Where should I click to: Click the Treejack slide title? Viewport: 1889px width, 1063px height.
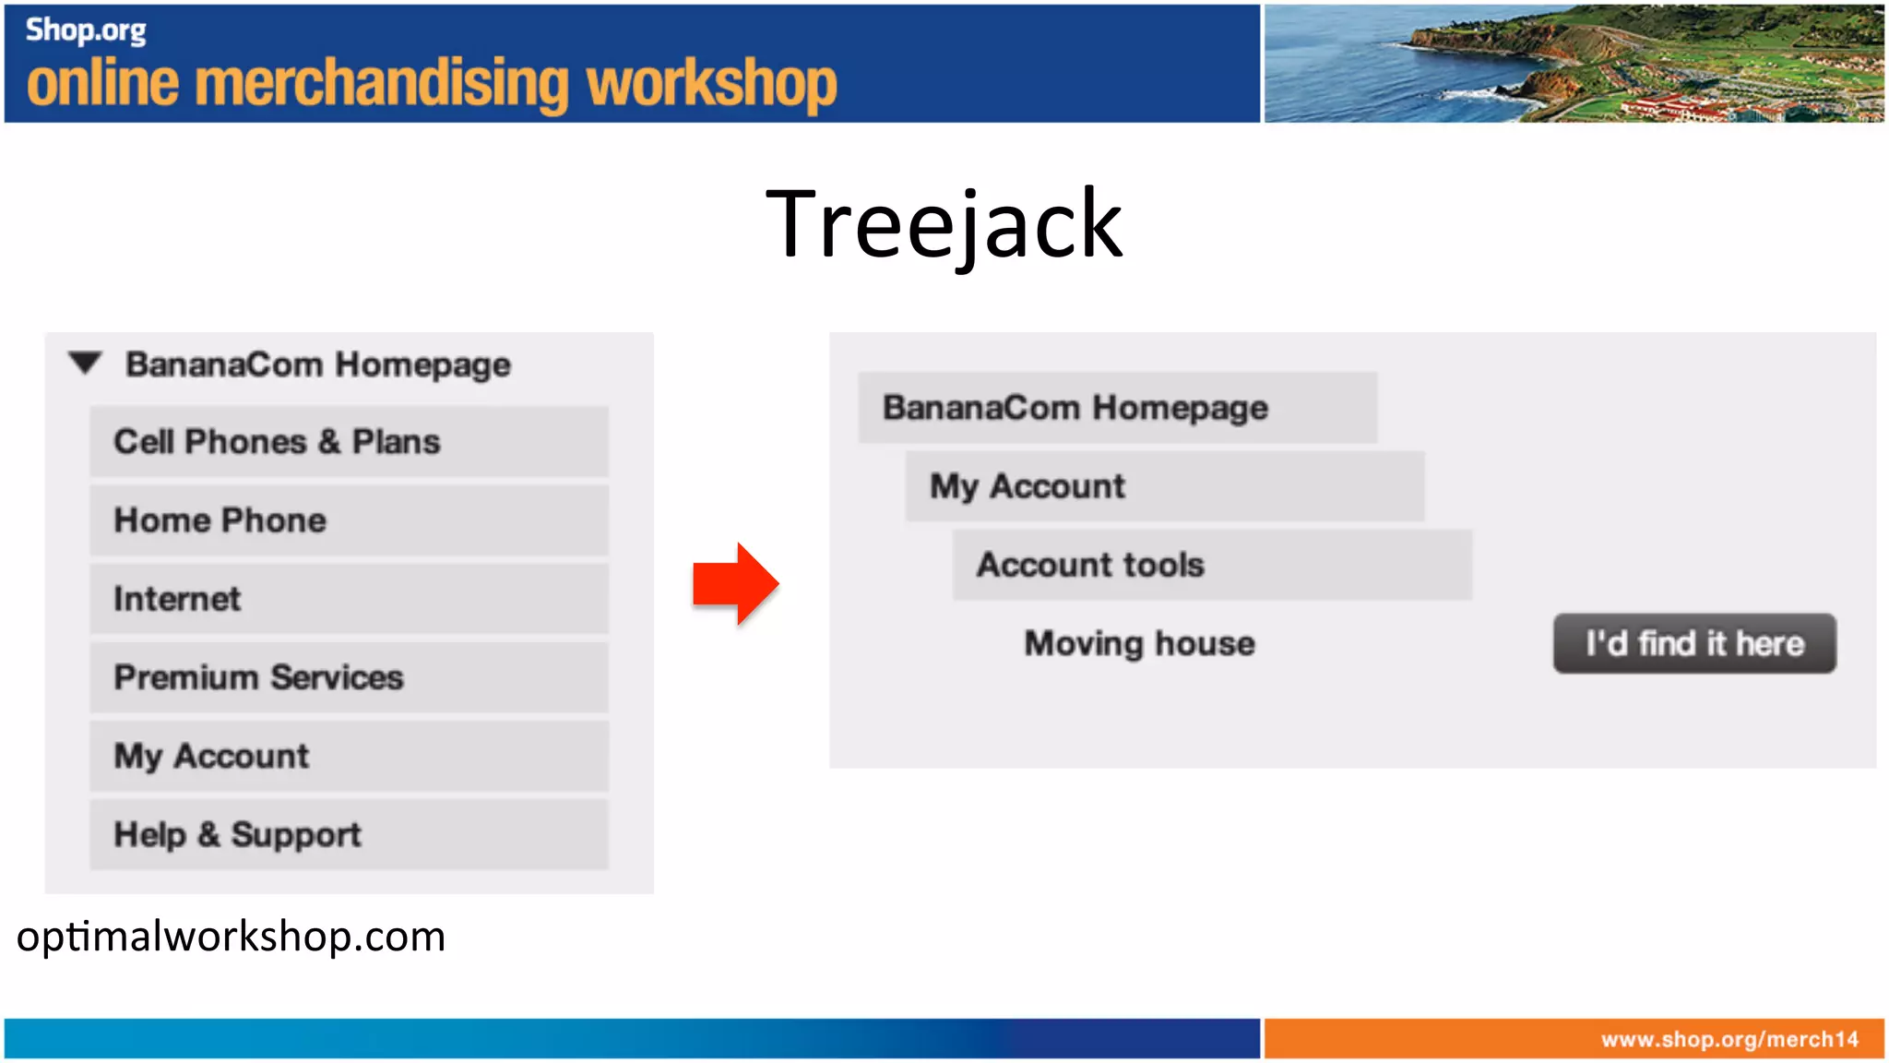click(944, 223)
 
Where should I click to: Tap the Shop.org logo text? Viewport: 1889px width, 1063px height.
click(85, 30)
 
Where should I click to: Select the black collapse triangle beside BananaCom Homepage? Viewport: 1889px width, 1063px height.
click(85, 363)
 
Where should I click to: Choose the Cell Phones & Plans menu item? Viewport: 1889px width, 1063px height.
click(349, 442)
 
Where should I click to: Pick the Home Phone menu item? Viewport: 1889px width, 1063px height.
click(349, 520)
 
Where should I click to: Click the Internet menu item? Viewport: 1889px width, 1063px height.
click(349, 599)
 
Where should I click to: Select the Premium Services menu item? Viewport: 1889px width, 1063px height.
click(349, 677)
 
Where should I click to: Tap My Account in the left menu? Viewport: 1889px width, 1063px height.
click(349, 756)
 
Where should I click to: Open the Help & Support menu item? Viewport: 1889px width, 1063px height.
click(349, 834)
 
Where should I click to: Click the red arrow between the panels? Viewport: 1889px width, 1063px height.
click(735, 584)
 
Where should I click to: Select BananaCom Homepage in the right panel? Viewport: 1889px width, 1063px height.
click(1116, 408)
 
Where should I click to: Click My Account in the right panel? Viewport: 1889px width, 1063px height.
click(1164, 486)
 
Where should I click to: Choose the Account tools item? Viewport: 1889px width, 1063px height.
click(1211, 565)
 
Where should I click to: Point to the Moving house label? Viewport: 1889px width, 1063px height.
click(1139, 643)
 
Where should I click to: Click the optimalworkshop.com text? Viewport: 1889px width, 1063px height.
click(231, 937)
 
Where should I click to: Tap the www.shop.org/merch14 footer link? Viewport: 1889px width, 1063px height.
click(1729, 1039)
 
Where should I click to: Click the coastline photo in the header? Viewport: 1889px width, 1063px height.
click(1573, 63)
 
